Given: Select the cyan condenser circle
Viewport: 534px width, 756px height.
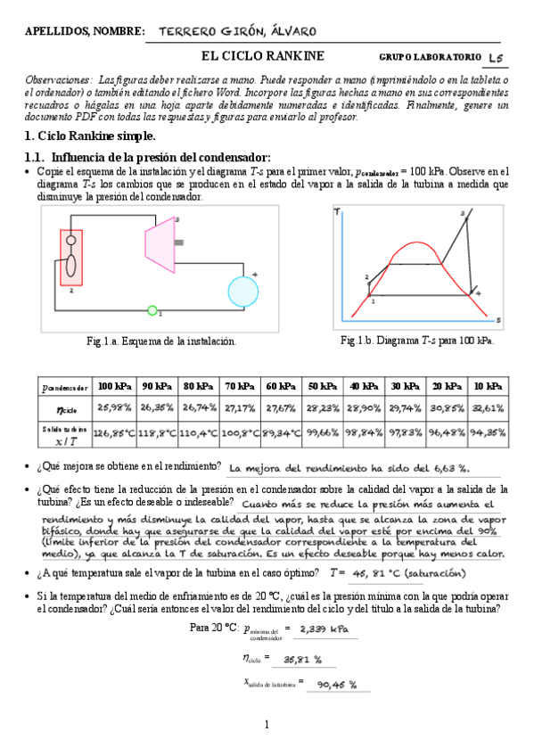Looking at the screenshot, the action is [x=242, y=291].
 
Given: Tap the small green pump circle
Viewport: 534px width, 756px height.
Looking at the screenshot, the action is [x=152, y=311].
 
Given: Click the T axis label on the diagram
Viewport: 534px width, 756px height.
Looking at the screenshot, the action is [x=336, y=211].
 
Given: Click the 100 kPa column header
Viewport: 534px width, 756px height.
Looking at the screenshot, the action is [x=115, y=386].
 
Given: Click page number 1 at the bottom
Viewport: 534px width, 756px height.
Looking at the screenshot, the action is [x=267, y=725].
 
